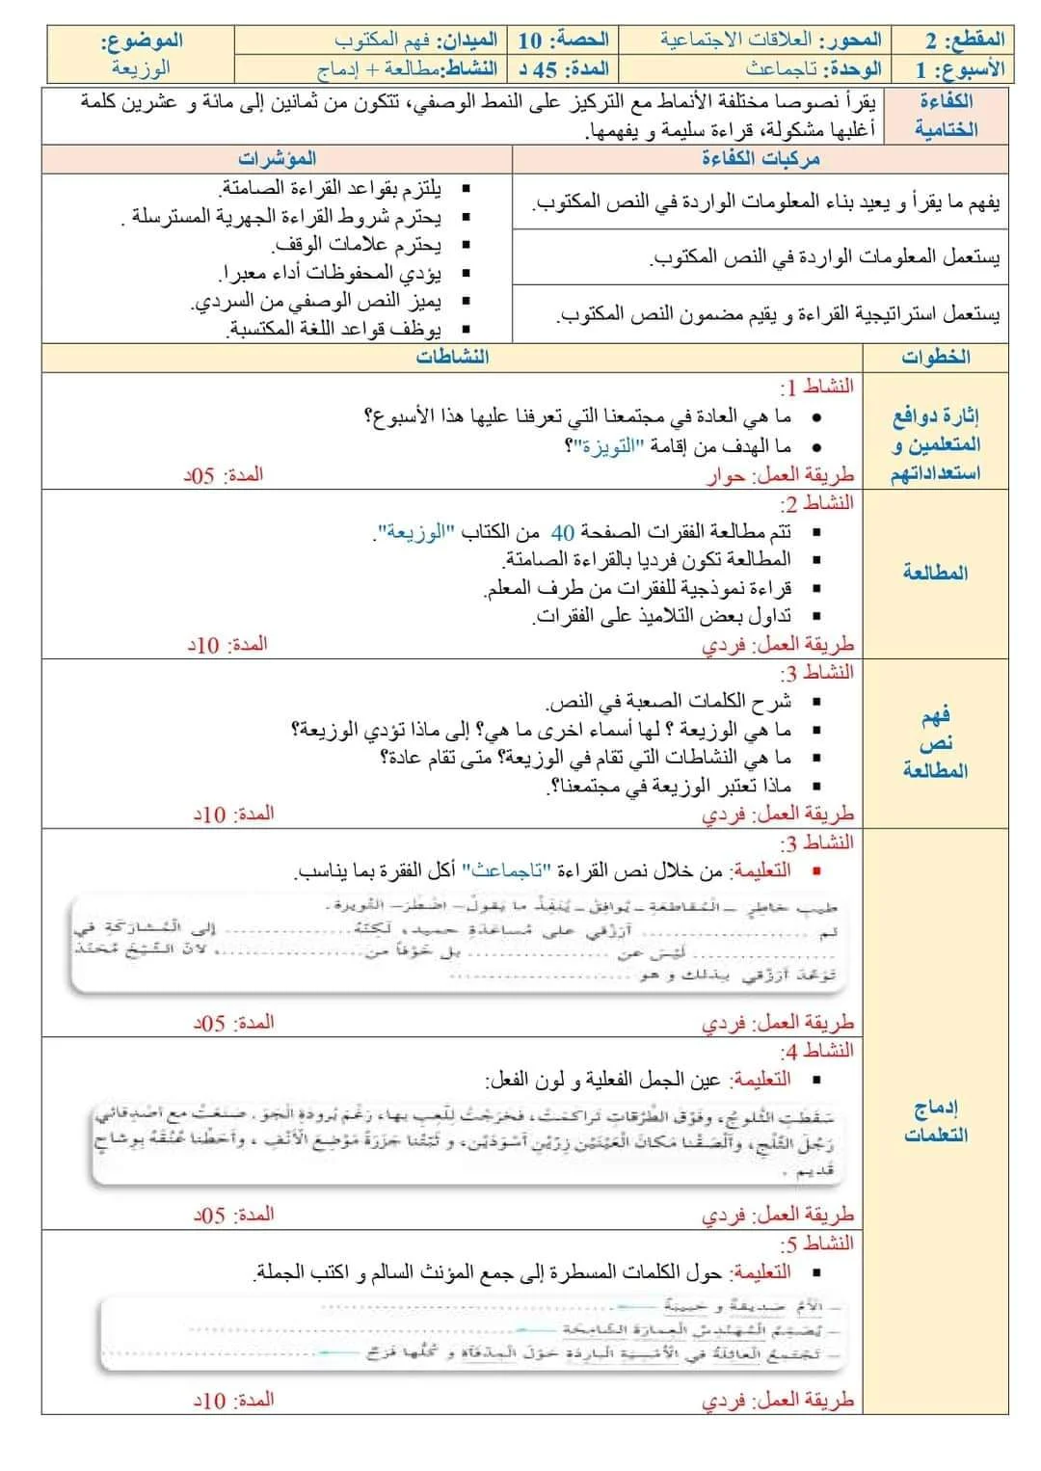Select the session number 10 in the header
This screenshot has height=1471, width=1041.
[529, 40]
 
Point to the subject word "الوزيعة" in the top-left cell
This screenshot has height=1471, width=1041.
[141, 68]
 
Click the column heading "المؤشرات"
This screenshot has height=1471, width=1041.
[278, 158]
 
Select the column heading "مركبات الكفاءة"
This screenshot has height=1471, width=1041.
[761, 158]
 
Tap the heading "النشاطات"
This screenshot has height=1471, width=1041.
[452, 357]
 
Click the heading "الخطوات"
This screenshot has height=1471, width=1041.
[935, 357]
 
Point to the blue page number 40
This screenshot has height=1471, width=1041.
[563, 531]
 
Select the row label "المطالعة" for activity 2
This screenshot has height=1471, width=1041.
[935, 573]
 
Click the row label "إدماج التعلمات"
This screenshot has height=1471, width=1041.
[935, 1121]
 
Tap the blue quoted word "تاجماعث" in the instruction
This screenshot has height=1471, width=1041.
[505, 870]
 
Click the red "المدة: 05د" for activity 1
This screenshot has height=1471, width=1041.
[224, 475]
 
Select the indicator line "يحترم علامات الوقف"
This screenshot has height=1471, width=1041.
[358, 245]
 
